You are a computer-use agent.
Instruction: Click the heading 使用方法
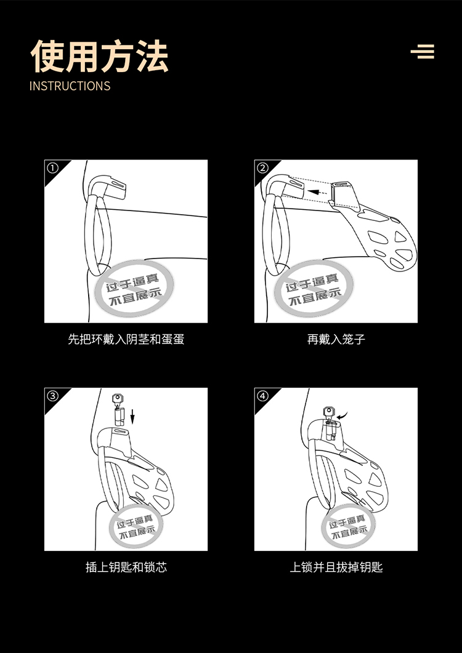point(99,56)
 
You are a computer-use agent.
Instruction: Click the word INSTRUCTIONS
point(70,86)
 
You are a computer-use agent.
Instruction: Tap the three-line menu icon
point(423,52)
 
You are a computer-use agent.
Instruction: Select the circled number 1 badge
point(52,168)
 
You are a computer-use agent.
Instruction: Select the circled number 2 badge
point(262,168)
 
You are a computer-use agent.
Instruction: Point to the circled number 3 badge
point(52,396)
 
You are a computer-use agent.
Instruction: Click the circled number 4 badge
point(262,396)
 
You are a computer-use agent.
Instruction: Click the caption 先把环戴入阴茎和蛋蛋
point(126,339)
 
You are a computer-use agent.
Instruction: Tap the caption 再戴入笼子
point(336,339)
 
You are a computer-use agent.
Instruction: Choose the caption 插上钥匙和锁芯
point(126,567)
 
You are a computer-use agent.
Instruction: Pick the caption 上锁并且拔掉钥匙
point(336,567)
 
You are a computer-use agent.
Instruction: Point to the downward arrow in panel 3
point(132,416)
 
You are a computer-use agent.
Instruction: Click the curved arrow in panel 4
point(342,415)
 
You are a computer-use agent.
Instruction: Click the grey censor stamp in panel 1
point(134,289)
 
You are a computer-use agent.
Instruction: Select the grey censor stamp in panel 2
point(314,289)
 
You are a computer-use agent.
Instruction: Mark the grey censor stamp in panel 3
point(137,526)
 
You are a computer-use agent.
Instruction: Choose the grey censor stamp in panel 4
point(349,526)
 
